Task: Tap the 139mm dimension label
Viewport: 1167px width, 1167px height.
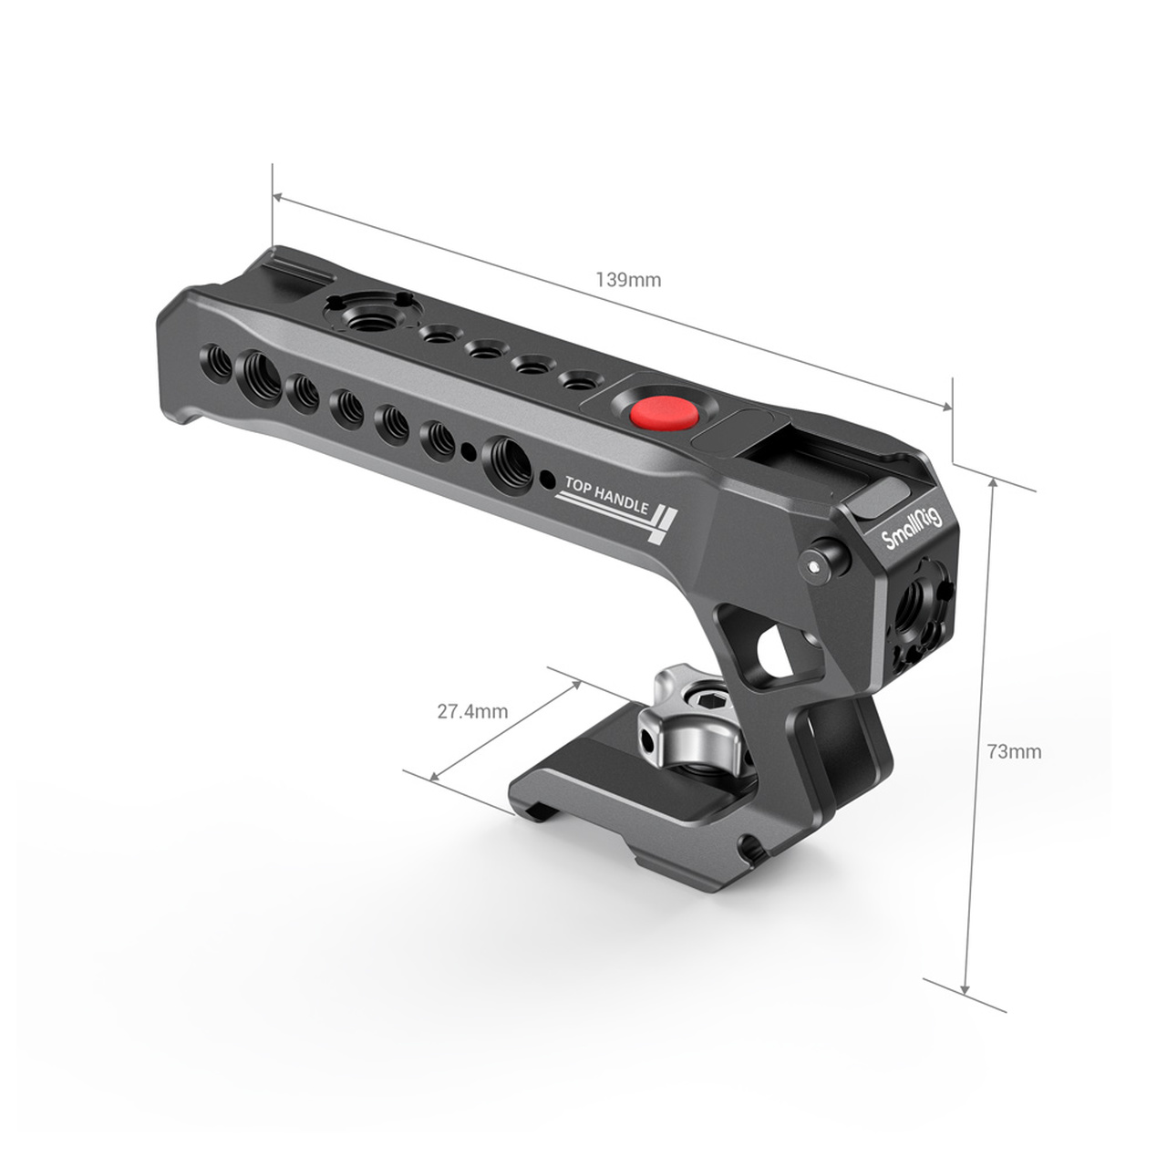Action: pos(628,280)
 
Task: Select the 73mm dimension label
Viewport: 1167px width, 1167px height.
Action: pos(1015,751)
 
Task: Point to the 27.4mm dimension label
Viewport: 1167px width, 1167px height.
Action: pos(473,711)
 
